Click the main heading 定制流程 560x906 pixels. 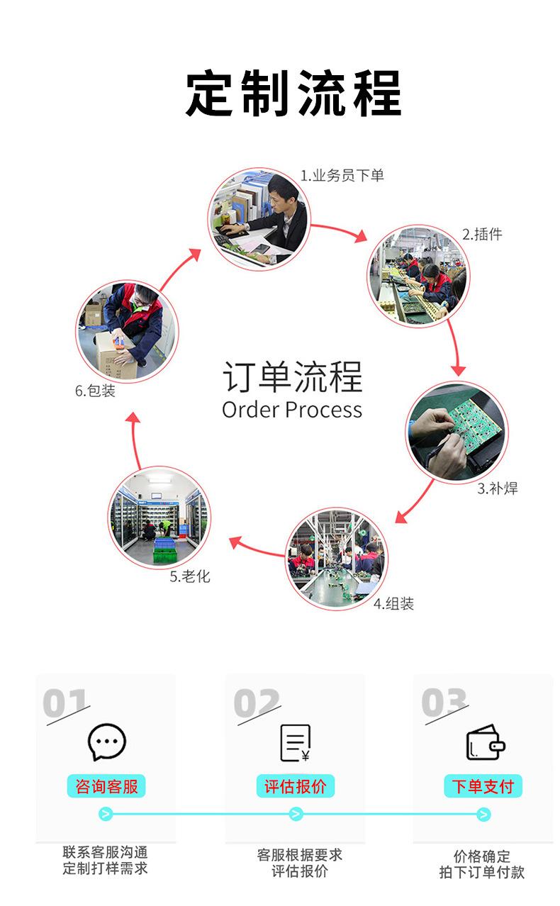tap(293, 93)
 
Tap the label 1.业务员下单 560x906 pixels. tap(342, 175)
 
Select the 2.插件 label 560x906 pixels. tap(482, 234)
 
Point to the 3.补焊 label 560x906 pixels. tap(497, 488)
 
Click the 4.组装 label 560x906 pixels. tap(393, 603)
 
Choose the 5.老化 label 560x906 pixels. tap(190, 576)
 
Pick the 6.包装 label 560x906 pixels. tap(95, 391)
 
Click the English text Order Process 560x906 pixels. tap(292, 410)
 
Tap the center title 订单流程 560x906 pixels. tap(292, 376)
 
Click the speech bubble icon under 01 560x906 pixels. tap(106, 742)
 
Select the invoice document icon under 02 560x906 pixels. tap(295, 743)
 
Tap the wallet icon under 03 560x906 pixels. tap(485, 743)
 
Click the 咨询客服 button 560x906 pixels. tap(106, 786)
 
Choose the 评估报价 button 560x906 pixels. tap(295, 786)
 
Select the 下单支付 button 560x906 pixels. tap(483, 786)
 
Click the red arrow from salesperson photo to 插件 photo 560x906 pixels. tap(339, 231)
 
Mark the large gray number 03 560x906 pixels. tap(444, 703)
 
